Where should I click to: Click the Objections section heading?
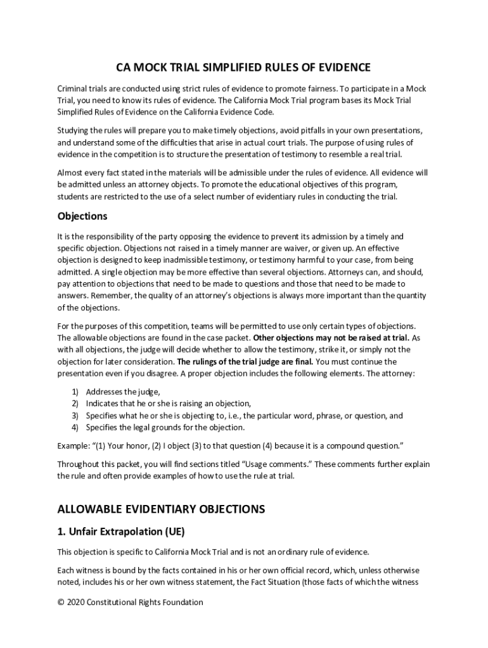click(82, 216)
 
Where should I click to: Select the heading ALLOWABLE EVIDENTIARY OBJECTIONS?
click(161, 509)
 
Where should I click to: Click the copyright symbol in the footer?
click(61, 602)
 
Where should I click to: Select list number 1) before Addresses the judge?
click(74, 391)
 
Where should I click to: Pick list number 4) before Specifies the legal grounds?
click(74, 427)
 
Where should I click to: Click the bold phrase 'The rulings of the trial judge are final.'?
click(245, 361)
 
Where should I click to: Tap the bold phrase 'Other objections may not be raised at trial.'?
click(331, 337)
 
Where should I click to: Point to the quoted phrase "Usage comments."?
click(278, 464)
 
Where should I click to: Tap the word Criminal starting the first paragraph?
click(74, 88)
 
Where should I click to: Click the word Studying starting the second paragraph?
click(74, 130)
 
